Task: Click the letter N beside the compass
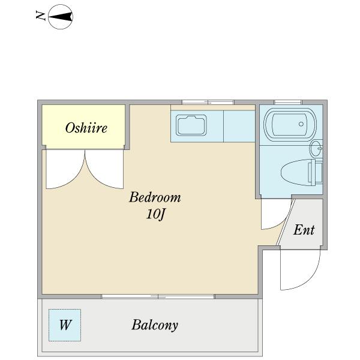tap(40, 16)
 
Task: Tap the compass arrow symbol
tap(61, 17)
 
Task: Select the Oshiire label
tap(86, 128)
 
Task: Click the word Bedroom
tap(155, 197)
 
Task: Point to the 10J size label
tap(156, 215)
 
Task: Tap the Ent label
tap(304, 230)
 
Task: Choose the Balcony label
tap(155, 325)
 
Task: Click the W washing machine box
tap(65, 325)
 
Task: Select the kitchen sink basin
tap(191, 125)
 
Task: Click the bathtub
tap(290, 124)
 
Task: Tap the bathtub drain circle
tap(301, 124)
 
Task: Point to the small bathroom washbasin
tap(316, 148)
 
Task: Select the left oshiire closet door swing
tap(65, 169)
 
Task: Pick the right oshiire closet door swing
tap(104, 169)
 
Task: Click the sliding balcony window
tap(158, 296)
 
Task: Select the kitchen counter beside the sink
tap(239, 126)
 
